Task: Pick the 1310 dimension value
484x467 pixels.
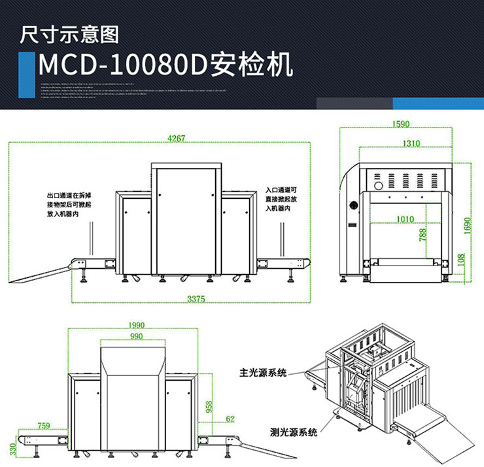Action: tap(411, 143)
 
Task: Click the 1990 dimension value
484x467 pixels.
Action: tap(136, 325)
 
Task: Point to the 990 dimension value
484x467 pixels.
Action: tap(136, 336)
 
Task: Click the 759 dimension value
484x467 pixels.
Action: tap(44, 426)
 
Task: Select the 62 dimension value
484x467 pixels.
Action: tap(230, 418)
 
